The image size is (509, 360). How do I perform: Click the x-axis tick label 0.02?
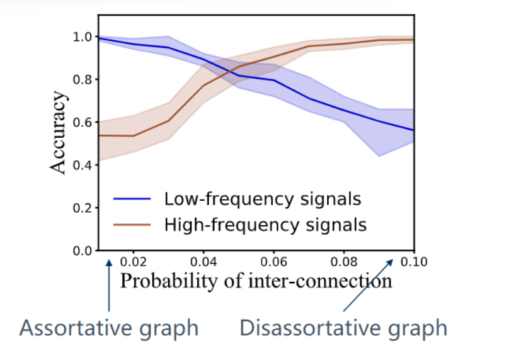134,259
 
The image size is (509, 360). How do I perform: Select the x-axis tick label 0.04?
203,259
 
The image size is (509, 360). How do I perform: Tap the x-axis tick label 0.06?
273,259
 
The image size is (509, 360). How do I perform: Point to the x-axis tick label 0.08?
343,259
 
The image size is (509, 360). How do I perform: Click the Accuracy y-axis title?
58,132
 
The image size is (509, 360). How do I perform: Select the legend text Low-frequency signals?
262,200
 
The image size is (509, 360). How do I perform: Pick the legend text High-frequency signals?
265,224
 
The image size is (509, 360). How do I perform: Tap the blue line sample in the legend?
132,199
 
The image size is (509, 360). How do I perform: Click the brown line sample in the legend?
132,223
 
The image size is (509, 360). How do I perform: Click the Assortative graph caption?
108,328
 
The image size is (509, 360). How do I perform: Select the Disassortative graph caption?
343,328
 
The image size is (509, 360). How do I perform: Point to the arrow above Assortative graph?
110,283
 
